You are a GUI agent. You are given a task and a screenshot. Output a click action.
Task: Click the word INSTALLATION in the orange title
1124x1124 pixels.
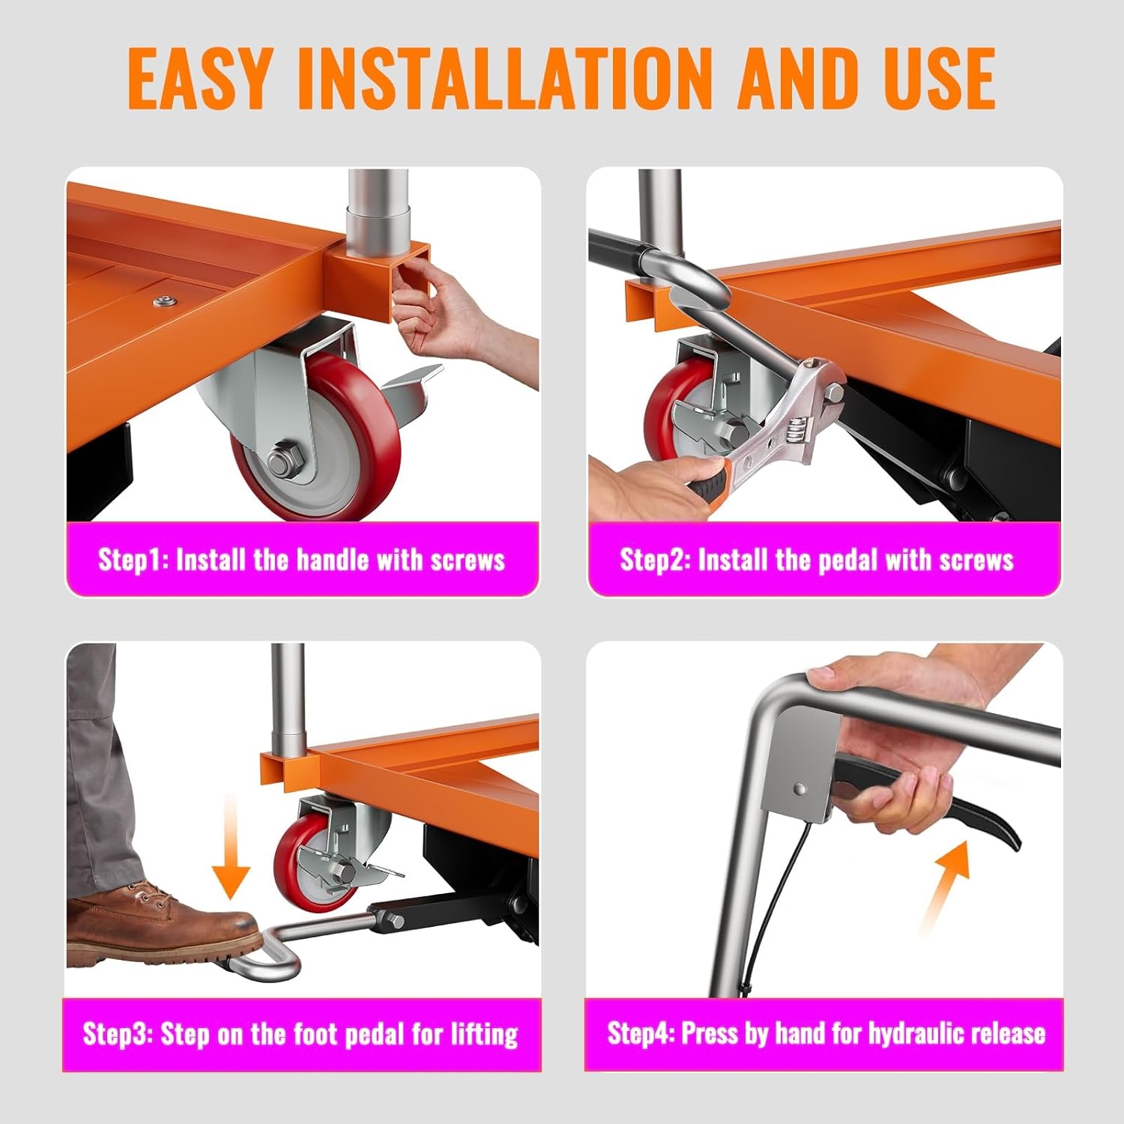pyautogui.click(x=504, y=78)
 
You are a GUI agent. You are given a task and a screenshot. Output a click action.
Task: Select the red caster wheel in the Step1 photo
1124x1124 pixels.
pyautogui.click(x=315, y=435)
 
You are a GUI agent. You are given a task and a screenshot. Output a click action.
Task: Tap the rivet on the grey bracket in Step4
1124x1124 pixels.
pyautogui.click(x=800, y=788)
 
